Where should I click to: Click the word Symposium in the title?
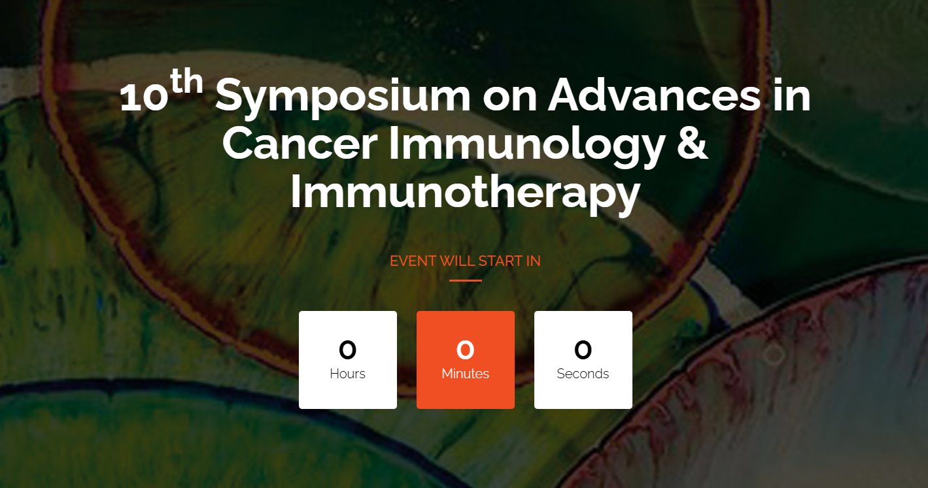(343, 99)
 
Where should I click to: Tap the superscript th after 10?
(186, 81)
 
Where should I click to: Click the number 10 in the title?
(144, 98)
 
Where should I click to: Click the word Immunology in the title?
(527, 148)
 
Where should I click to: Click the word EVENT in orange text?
(413, 261)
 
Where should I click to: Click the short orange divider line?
(465, 281)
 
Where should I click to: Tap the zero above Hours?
(347, 350)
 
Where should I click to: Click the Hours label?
(347, 374)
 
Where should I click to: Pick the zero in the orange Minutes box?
(465, 350)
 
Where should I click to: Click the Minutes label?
(465, 374)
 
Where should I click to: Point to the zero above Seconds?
(583, 350)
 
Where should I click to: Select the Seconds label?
(583, 374)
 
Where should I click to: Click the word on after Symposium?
(510, 99)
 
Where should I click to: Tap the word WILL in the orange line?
(457, 261)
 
